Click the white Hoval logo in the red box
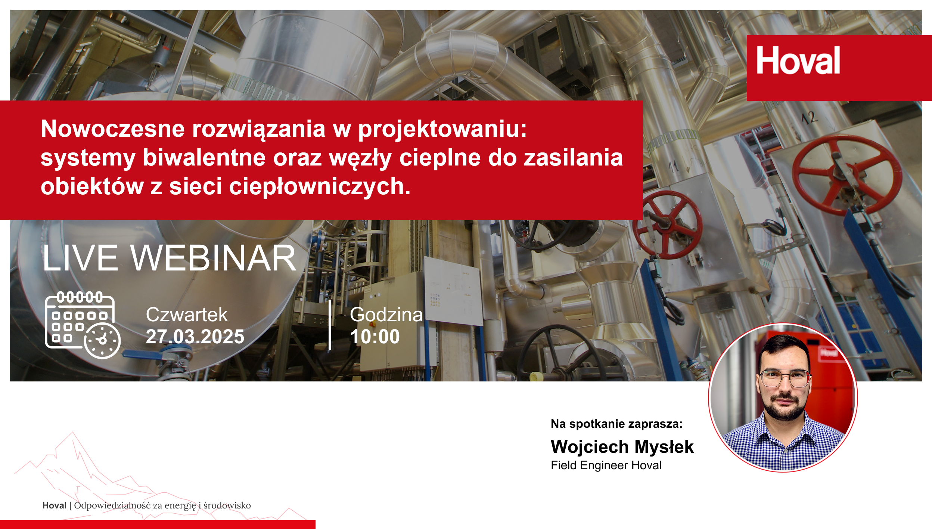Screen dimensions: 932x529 (x=798, y=60)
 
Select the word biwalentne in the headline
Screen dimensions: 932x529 (x=204, y=157)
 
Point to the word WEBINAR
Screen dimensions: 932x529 (x=213, y=258)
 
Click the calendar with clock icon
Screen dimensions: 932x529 (x=83, y=325)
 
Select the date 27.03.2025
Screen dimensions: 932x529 (x=195, y=337)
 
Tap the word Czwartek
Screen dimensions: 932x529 (x=186, y=315)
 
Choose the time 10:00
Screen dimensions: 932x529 (x=375, y=337)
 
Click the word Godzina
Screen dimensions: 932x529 (x=386, y=315)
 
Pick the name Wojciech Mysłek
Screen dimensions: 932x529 (x=622, y=447)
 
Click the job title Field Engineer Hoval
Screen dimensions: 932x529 (x=606, y=465)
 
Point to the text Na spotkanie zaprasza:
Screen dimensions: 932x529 (x=616, y=424)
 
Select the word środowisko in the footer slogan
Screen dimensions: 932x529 (x=227, y=505)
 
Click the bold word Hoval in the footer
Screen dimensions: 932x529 (x=55, y=505)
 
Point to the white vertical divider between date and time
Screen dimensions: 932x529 (x=330, y=325)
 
